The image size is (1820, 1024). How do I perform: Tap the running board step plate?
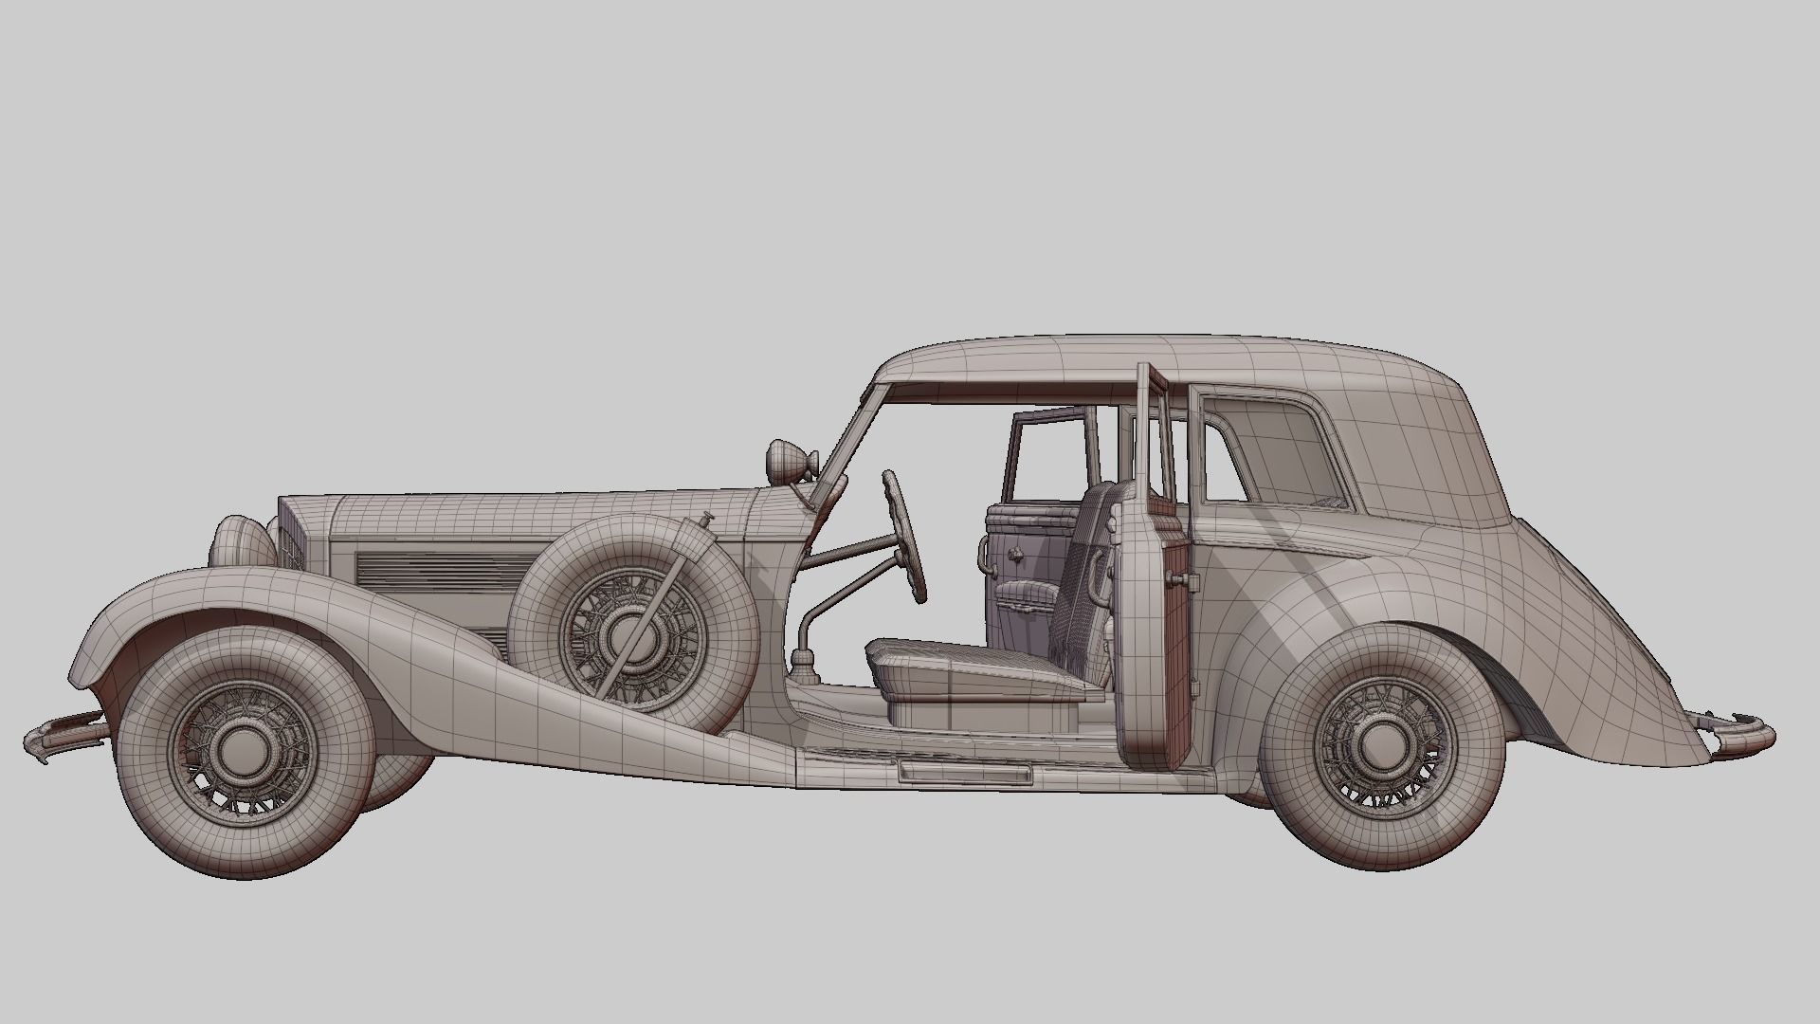click(x=964, y=772)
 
